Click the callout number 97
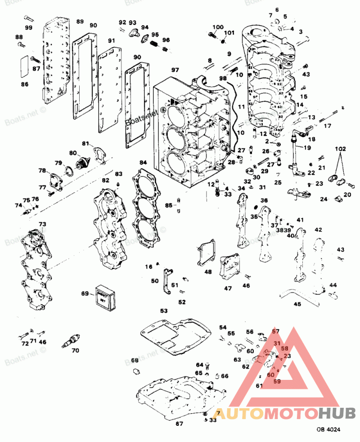[175, 70]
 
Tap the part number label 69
[85, 294]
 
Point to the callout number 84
[143, 162]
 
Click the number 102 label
[341, 148]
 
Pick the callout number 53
[164, 311]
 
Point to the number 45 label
[297, 304]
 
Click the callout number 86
[24, 84]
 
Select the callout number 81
[85, 144]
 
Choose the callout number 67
[179, 424]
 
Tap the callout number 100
[218, 27]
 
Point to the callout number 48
[208, 272]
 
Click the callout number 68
[135, 361]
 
